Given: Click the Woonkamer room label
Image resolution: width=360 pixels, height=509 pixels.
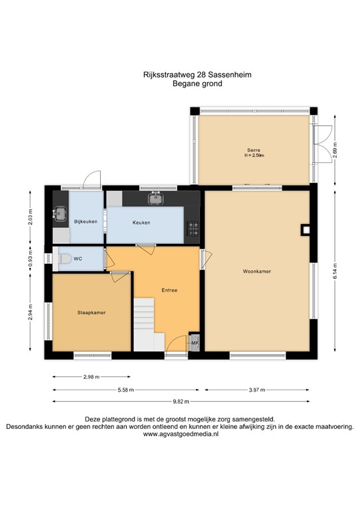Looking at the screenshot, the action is tap(257, 271).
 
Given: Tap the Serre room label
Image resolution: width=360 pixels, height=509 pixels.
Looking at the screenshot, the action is tap(253, 150).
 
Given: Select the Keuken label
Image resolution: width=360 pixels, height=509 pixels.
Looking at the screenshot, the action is tap(141, 223).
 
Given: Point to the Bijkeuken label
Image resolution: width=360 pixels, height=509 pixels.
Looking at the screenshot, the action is tap(86, 222).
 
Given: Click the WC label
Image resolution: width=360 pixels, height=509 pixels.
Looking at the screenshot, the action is tap(78, 258).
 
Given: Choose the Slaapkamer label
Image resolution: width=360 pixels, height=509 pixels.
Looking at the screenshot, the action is tap(91, 313).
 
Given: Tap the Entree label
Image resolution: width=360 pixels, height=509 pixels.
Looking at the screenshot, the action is tap(170, 290).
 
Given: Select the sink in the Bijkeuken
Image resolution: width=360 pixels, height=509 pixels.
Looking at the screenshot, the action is tap(60, 213).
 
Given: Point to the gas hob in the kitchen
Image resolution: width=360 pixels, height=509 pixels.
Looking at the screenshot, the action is tap(193, 228).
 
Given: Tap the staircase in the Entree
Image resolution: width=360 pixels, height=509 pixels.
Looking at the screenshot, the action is tap(149, 324).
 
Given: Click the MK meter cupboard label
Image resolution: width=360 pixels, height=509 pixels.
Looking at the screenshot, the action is tap(195, 343).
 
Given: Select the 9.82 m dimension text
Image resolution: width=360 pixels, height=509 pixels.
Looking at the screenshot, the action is tap(181, 402).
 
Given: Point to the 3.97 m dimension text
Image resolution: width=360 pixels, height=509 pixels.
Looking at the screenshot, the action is tap(257, 390).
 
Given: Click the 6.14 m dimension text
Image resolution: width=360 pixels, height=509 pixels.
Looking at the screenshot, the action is tap(335, 270).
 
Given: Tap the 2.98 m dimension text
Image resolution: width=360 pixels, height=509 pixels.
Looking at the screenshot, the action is tap(91, 377).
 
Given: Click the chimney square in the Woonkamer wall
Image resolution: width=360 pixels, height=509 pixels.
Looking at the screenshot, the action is tap(306, 230).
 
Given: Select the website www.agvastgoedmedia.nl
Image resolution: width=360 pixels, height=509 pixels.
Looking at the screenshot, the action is tap(181, 434).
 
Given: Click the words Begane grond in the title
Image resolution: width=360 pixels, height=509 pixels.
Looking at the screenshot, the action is tap(198, 84).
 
